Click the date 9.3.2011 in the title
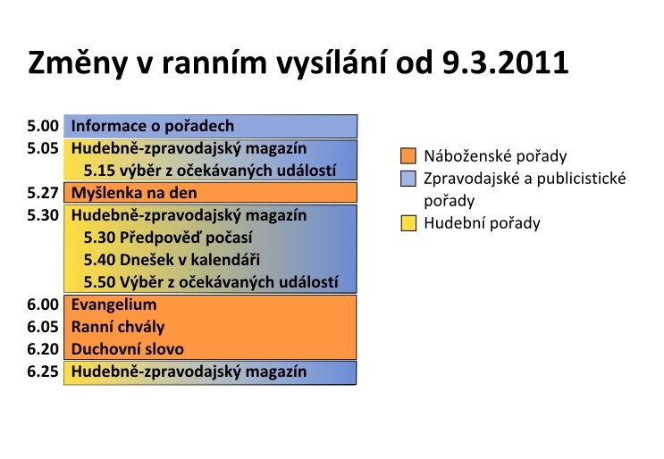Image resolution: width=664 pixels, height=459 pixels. pos(505,63)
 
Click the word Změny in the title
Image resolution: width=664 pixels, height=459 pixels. pos(78,63)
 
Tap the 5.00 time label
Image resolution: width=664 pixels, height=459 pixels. pos(43,126)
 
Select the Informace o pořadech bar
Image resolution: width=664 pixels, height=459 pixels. pos(211,126)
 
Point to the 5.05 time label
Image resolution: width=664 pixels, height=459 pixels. pos(43,148)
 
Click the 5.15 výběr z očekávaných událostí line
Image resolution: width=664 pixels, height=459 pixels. pos(210,171)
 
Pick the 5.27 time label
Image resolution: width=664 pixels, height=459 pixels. pos(43,193)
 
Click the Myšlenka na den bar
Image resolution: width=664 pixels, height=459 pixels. pos(211,193)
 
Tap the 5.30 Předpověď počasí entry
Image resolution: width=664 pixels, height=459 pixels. pos(168,238)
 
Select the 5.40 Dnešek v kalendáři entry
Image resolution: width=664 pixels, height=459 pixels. pos(172,260)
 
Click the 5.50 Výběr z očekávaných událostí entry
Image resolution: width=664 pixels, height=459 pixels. pos(211,282)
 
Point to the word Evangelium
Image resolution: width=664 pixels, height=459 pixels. pos(113,305)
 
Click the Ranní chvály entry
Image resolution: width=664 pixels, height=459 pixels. pos(118,327)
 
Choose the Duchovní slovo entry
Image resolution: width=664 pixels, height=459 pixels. pos(128,349)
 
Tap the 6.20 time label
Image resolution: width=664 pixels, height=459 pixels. pos(43,349)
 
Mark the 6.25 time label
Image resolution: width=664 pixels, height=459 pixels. pos(43,371)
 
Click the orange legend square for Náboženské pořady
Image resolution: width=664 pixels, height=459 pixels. pos(408,155)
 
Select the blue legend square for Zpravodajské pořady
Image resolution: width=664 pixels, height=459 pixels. pos(408,178)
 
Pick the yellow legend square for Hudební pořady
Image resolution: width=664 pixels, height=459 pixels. pos(408,223)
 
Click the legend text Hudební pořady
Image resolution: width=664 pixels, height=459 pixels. pos(482,223)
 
